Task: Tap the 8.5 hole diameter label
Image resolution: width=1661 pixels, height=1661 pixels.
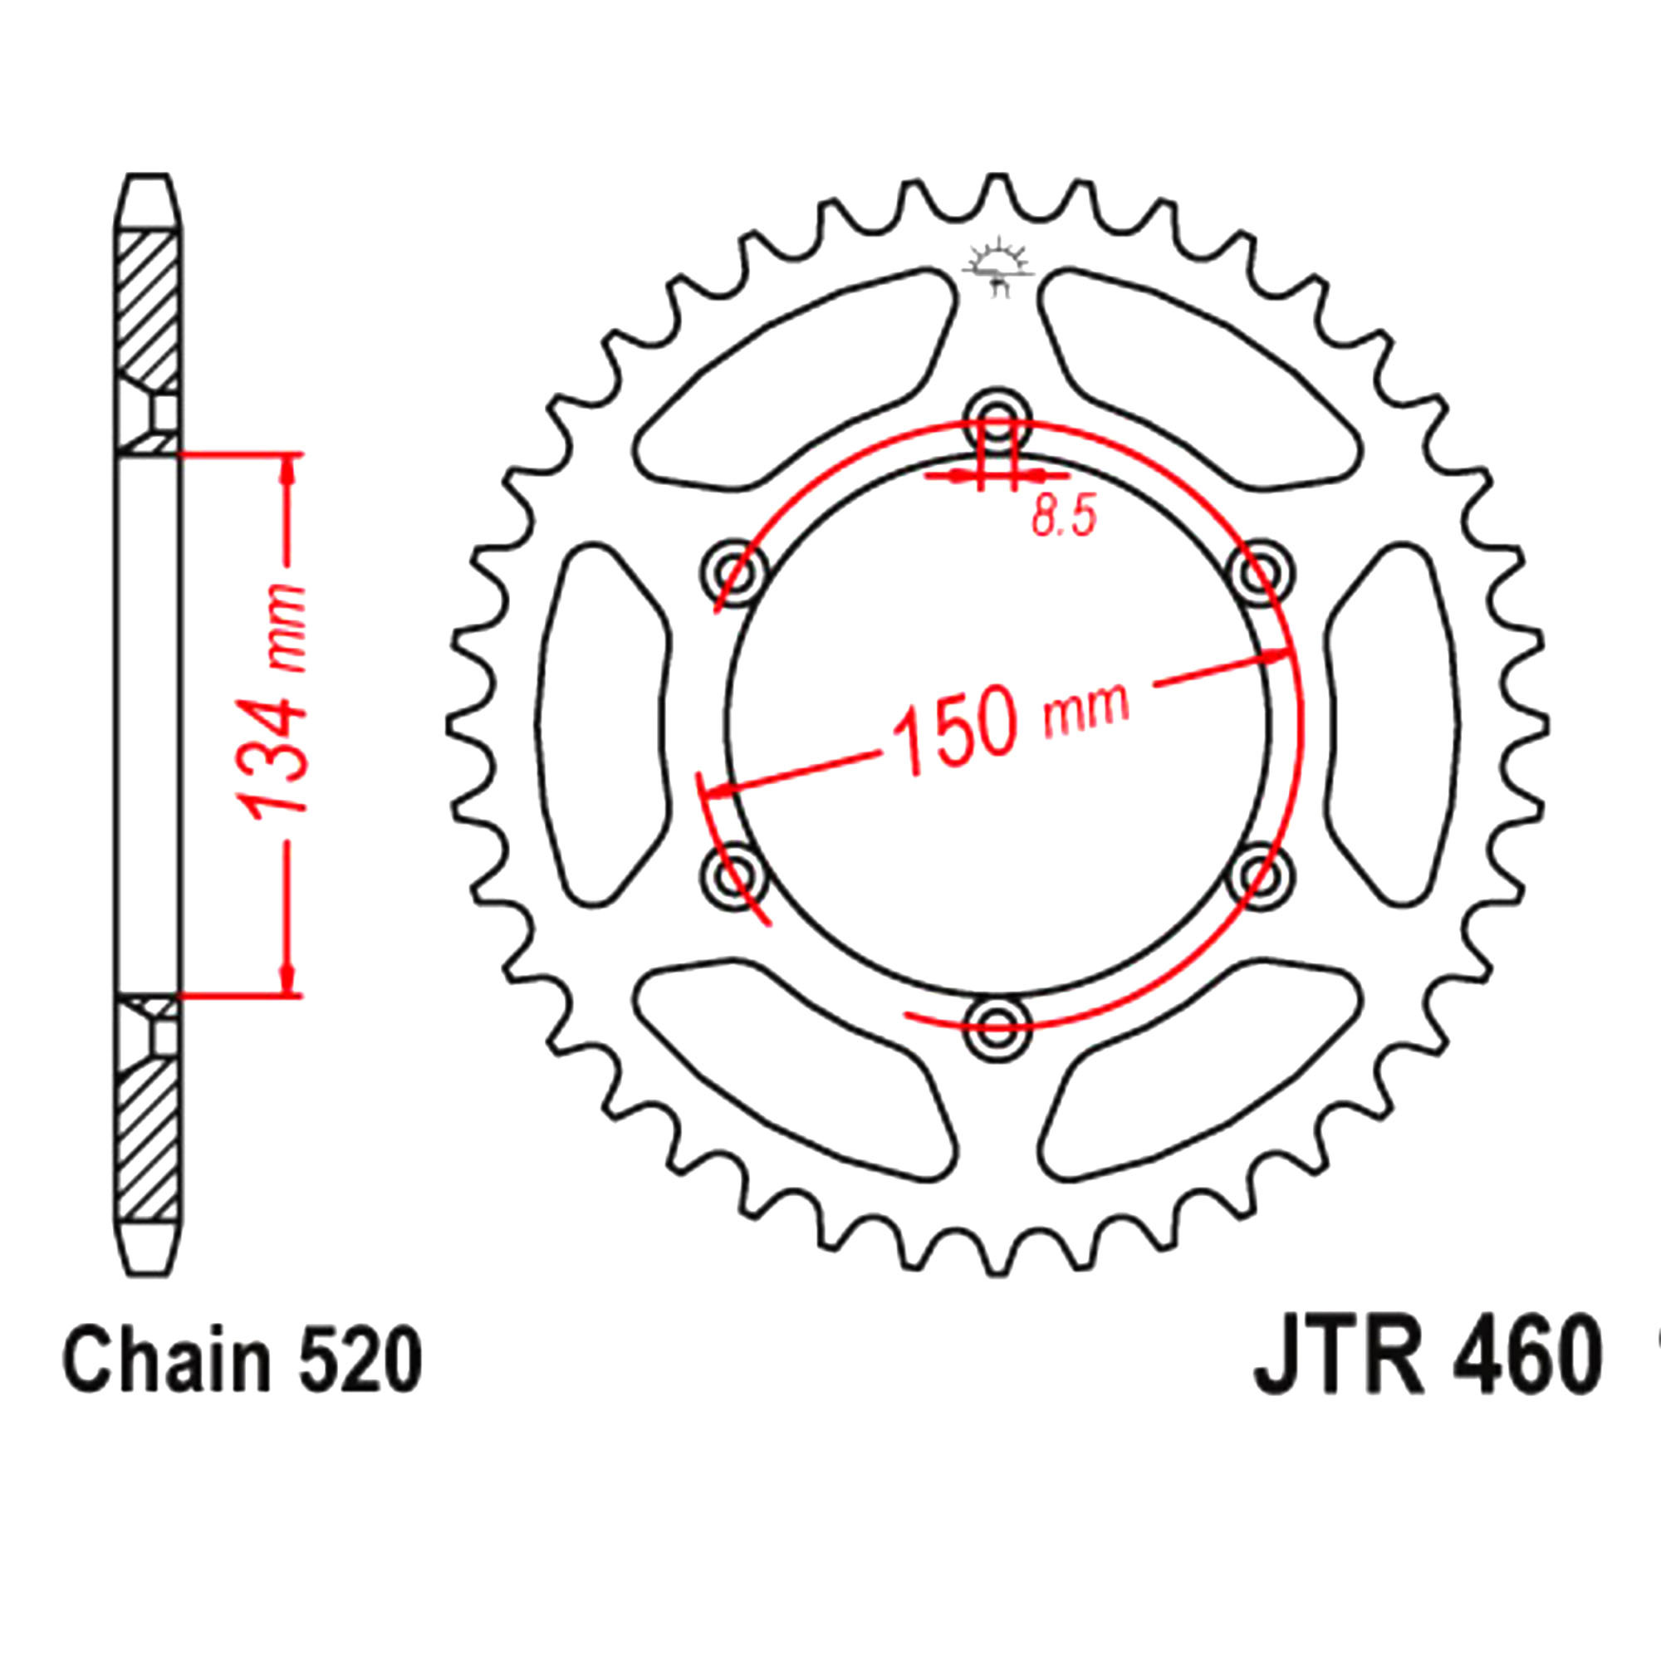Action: coord(1065,519)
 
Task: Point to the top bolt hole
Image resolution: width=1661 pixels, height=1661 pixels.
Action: coord(997,423)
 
